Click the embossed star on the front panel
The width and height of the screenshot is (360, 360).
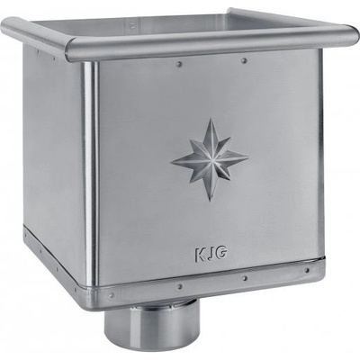(x=210, y=159)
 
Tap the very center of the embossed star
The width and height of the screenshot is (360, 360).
(x=210, y=159)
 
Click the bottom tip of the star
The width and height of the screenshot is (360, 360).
(x=210, y=201)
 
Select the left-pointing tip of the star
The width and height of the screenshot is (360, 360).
(x=171, y=163)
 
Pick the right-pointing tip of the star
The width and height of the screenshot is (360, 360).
(x=248, y=157)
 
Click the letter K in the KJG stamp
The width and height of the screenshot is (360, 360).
(x=200, y=255)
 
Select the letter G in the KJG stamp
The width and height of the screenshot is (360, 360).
(x=221, y=254)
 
